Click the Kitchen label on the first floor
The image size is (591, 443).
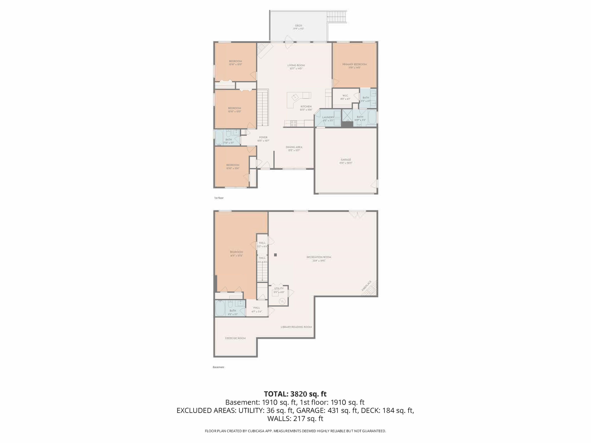coord(306,107)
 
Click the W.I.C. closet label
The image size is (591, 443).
coord(345,96)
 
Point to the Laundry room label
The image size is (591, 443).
coord(328,117)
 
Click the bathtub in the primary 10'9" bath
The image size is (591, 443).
coord(372,117)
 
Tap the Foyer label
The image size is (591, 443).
coord(263,137)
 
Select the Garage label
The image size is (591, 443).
coord(346,160)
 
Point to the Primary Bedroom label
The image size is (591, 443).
coord(354,64)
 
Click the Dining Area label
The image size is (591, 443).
coord(294,147)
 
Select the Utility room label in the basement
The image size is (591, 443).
coord(279,288)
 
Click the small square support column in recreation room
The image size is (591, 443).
coord(275,255)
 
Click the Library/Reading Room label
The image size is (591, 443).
coord(296,327)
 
